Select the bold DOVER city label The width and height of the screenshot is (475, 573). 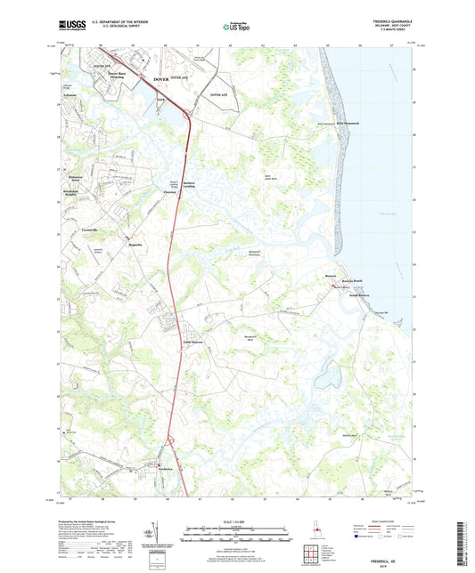click(161, 79)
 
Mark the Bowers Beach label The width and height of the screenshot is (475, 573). click(354, 281)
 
